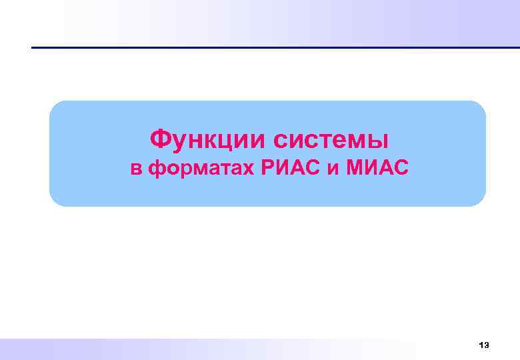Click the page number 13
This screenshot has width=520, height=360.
[x=484, y=345]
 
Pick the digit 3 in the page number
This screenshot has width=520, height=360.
[x=487, y=345]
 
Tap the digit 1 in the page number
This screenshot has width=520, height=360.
[x=481, y=345]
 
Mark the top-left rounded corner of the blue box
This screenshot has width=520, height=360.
[x=55, y=107]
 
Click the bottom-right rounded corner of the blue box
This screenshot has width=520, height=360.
[x=480, y=200]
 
